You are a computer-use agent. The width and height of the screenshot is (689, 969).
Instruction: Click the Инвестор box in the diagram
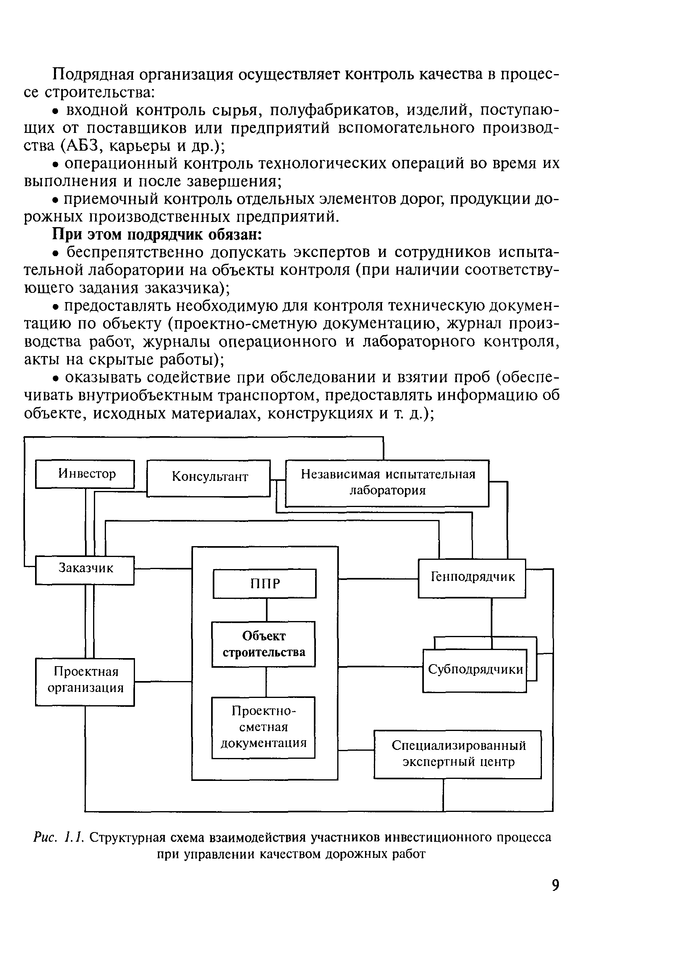(x=85, y=474)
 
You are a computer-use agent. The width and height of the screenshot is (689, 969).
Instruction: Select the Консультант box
(x=208, y=478)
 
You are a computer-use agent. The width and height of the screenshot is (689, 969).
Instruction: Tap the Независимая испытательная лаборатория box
(x=387, y=483)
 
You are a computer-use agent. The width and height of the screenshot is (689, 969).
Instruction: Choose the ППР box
(x=264, y=584)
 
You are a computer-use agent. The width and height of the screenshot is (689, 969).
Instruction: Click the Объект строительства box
(x=264, y=644)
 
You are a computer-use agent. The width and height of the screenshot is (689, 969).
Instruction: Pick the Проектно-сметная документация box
(x=264, y=727)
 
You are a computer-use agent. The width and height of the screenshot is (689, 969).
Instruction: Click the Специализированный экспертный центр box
(x=457, y=754)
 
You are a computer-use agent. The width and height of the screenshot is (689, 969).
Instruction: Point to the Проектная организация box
(x=85, y=681)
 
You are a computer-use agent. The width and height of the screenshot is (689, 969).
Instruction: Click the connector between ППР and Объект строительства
(x=266, y=609)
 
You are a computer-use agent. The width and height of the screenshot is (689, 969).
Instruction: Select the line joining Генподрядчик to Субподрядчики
(x=491, y=617)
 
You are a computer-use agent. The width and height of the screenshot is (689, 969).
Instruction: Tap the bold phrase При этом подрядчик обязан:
(x=157, y=234)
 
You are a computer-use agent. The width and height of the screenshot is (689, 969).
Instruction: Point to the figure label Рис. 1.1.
(x=60, y=838)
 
